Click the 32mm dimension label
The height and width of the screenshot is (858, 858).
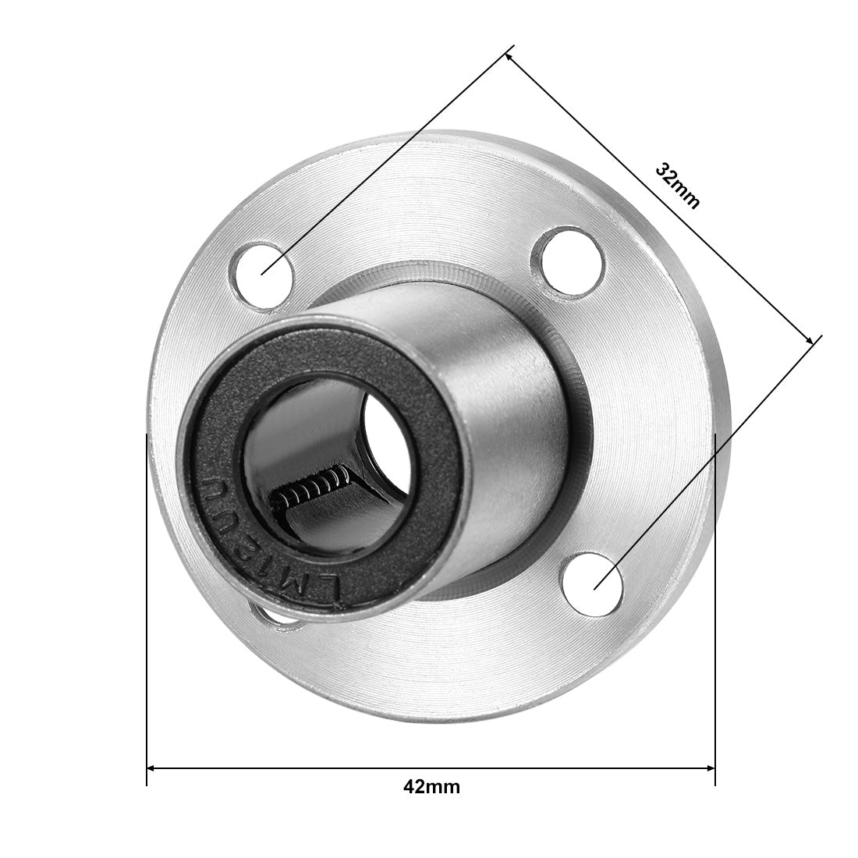677,186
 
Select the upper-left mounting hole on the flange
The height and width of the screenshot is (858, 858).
262,270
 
